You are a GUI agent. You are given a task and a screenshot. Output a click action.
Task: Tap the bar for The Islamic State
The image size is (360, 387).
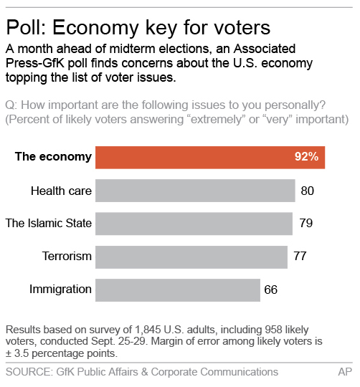(194, 224)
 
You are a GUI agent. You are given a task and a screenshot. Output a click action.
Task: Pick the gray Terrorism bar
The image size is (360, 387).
(191, 257)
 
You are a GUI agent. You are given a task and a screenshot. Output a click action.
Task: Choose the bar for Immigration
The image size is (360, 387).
(177, 290)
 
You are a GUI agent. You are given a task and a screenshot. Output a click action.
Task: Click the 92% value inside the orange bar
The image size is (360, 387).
(306, 157)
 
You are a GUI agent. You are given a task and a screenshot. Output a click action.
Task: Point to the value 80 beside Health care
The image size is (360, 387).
(308, 191)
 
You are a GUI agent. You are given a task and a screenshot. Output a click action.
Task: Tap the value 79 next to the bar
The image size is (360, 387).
(305, 224)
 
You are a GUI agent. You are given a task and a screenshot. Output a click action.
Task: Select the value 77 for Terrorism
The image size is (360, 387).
(300, 257)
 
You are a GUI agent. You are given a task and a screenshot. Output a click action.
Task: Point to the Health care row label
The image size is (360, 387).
(61, 191)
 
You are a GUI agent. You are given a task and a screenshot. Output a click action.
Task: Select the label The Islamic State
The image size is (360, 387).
(49, 224)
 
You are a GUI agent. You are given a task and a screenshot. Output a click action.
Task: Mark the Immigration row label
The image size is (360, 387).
(60, 290)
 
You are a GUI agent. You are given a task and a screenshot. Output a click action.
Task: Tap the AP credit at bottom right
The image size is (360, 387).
(345, 372)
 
